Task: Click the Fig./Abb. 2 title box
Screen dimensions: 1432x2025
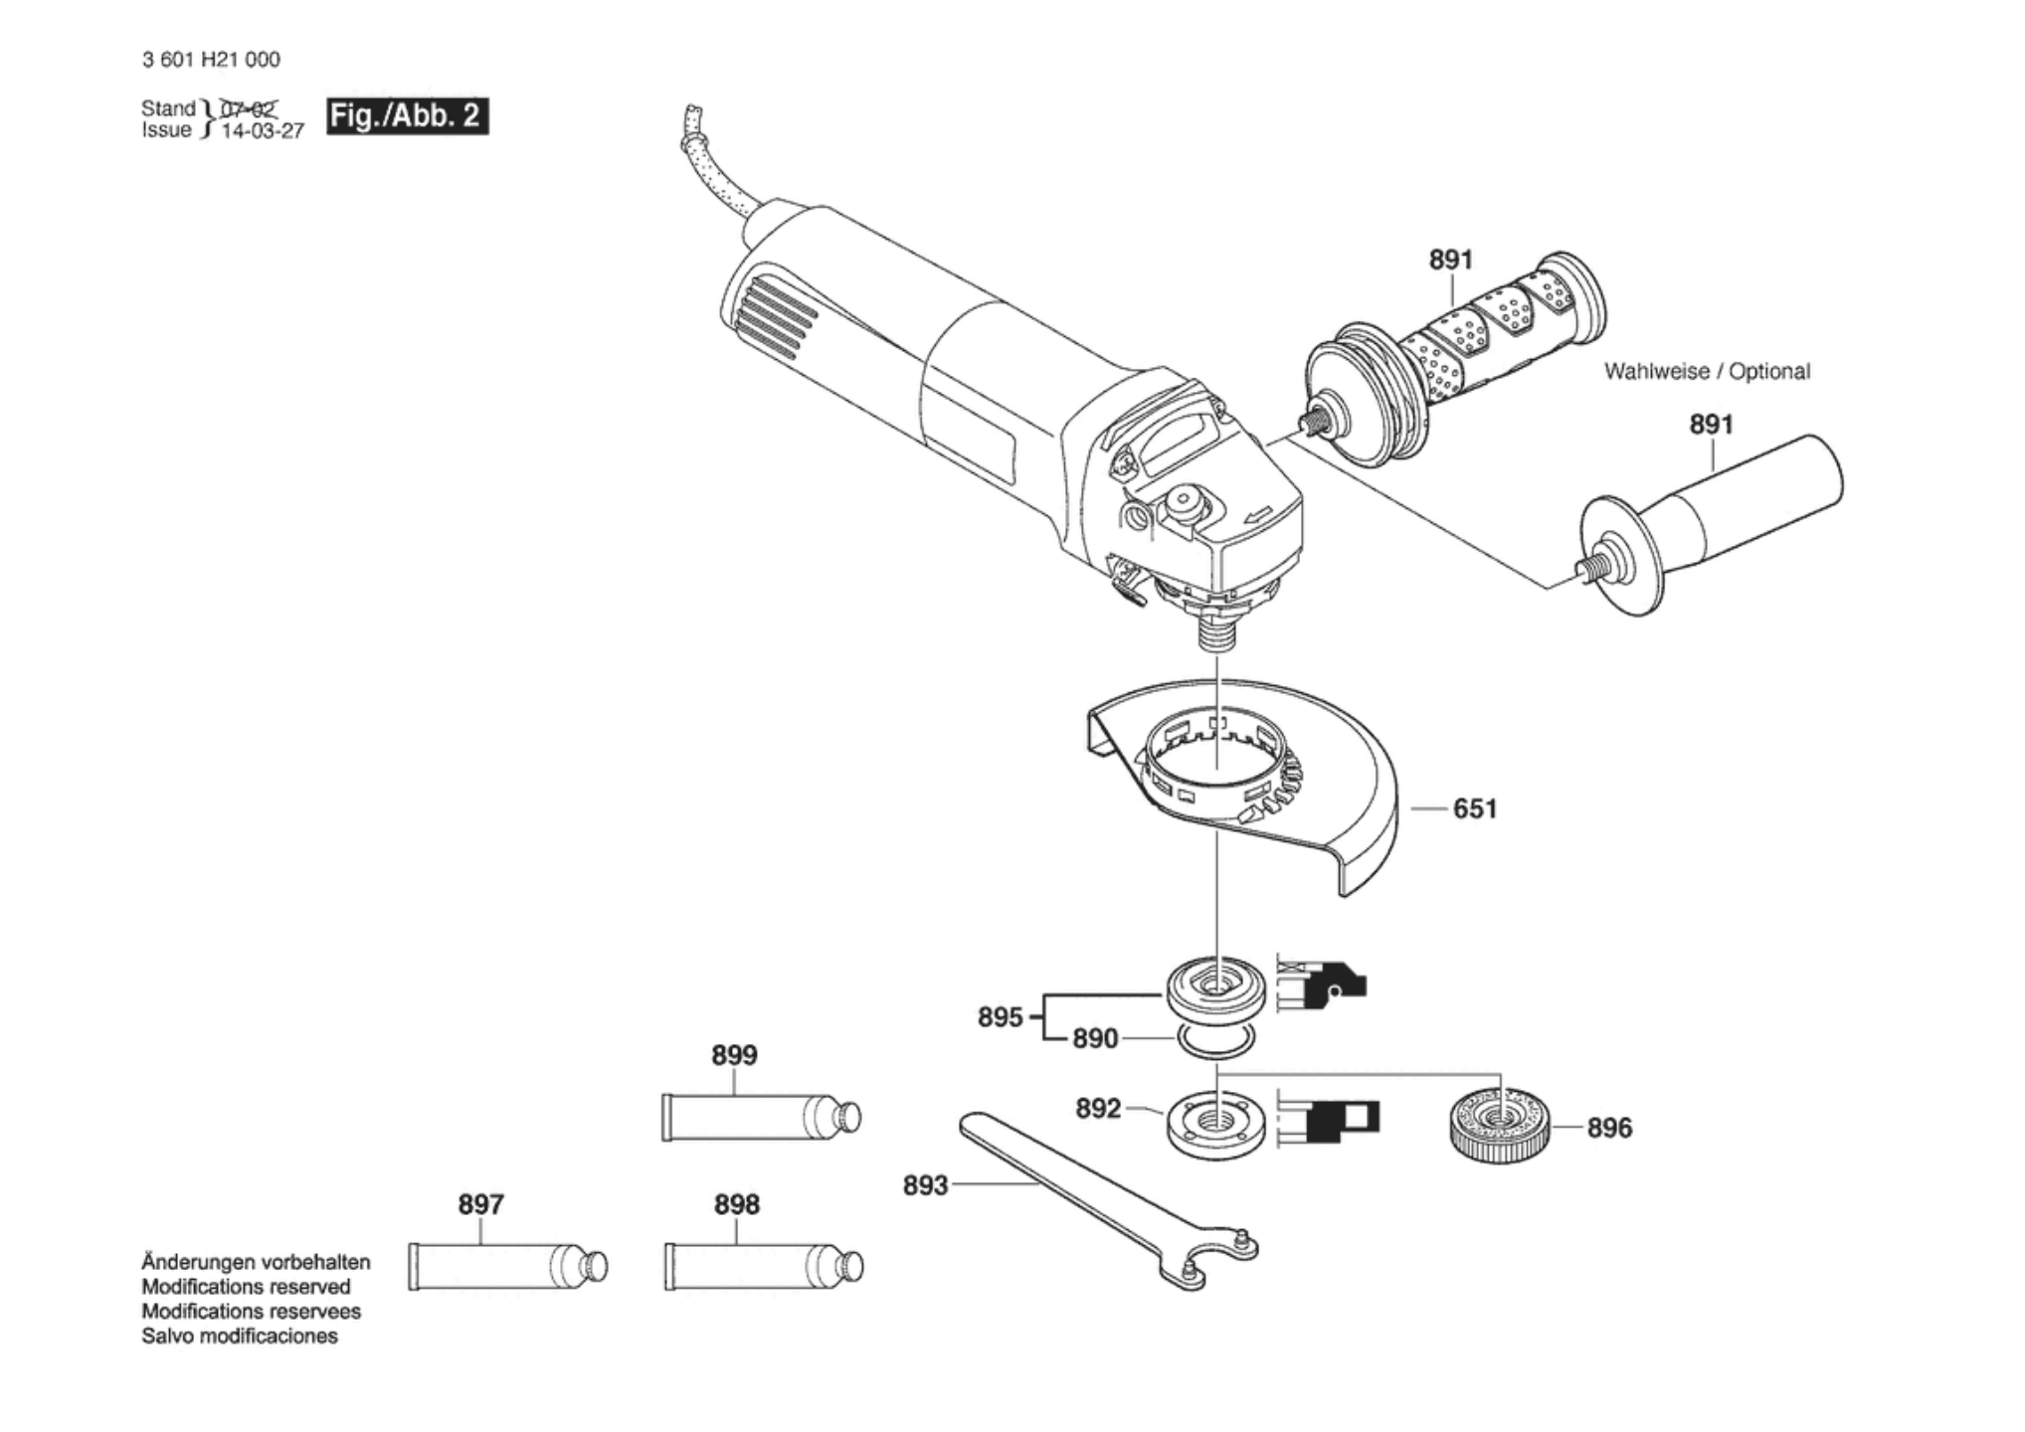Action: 407,116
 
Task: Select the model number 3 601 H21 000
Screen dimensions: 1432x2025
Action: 211,60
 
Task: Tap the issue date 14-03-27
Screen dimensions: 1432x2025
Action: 262,131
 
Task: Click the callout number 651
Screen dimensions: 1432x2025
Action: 1474,808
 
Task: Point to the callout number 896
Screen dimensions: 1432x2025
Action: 1608,1128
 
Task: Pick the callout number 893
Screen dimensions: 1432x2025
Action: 925,1185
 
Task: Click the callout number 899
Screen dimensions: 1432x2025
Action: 734,1055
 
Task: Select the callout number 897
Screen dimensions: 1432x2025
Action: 480,1204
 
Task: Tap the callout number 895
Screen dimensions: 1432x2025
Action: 1000,1017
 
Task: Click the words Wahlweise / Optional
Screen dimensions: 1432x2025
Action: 1707,371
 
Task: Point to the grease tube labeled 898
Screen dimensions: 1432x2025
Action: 762,1267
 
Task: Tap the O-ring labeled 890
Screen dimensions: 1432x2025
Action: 1214,1042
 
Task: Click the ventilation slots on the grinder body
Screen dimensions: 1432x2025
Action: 776,316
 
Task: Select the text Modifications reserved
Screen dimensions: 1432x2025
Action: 246,1287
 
